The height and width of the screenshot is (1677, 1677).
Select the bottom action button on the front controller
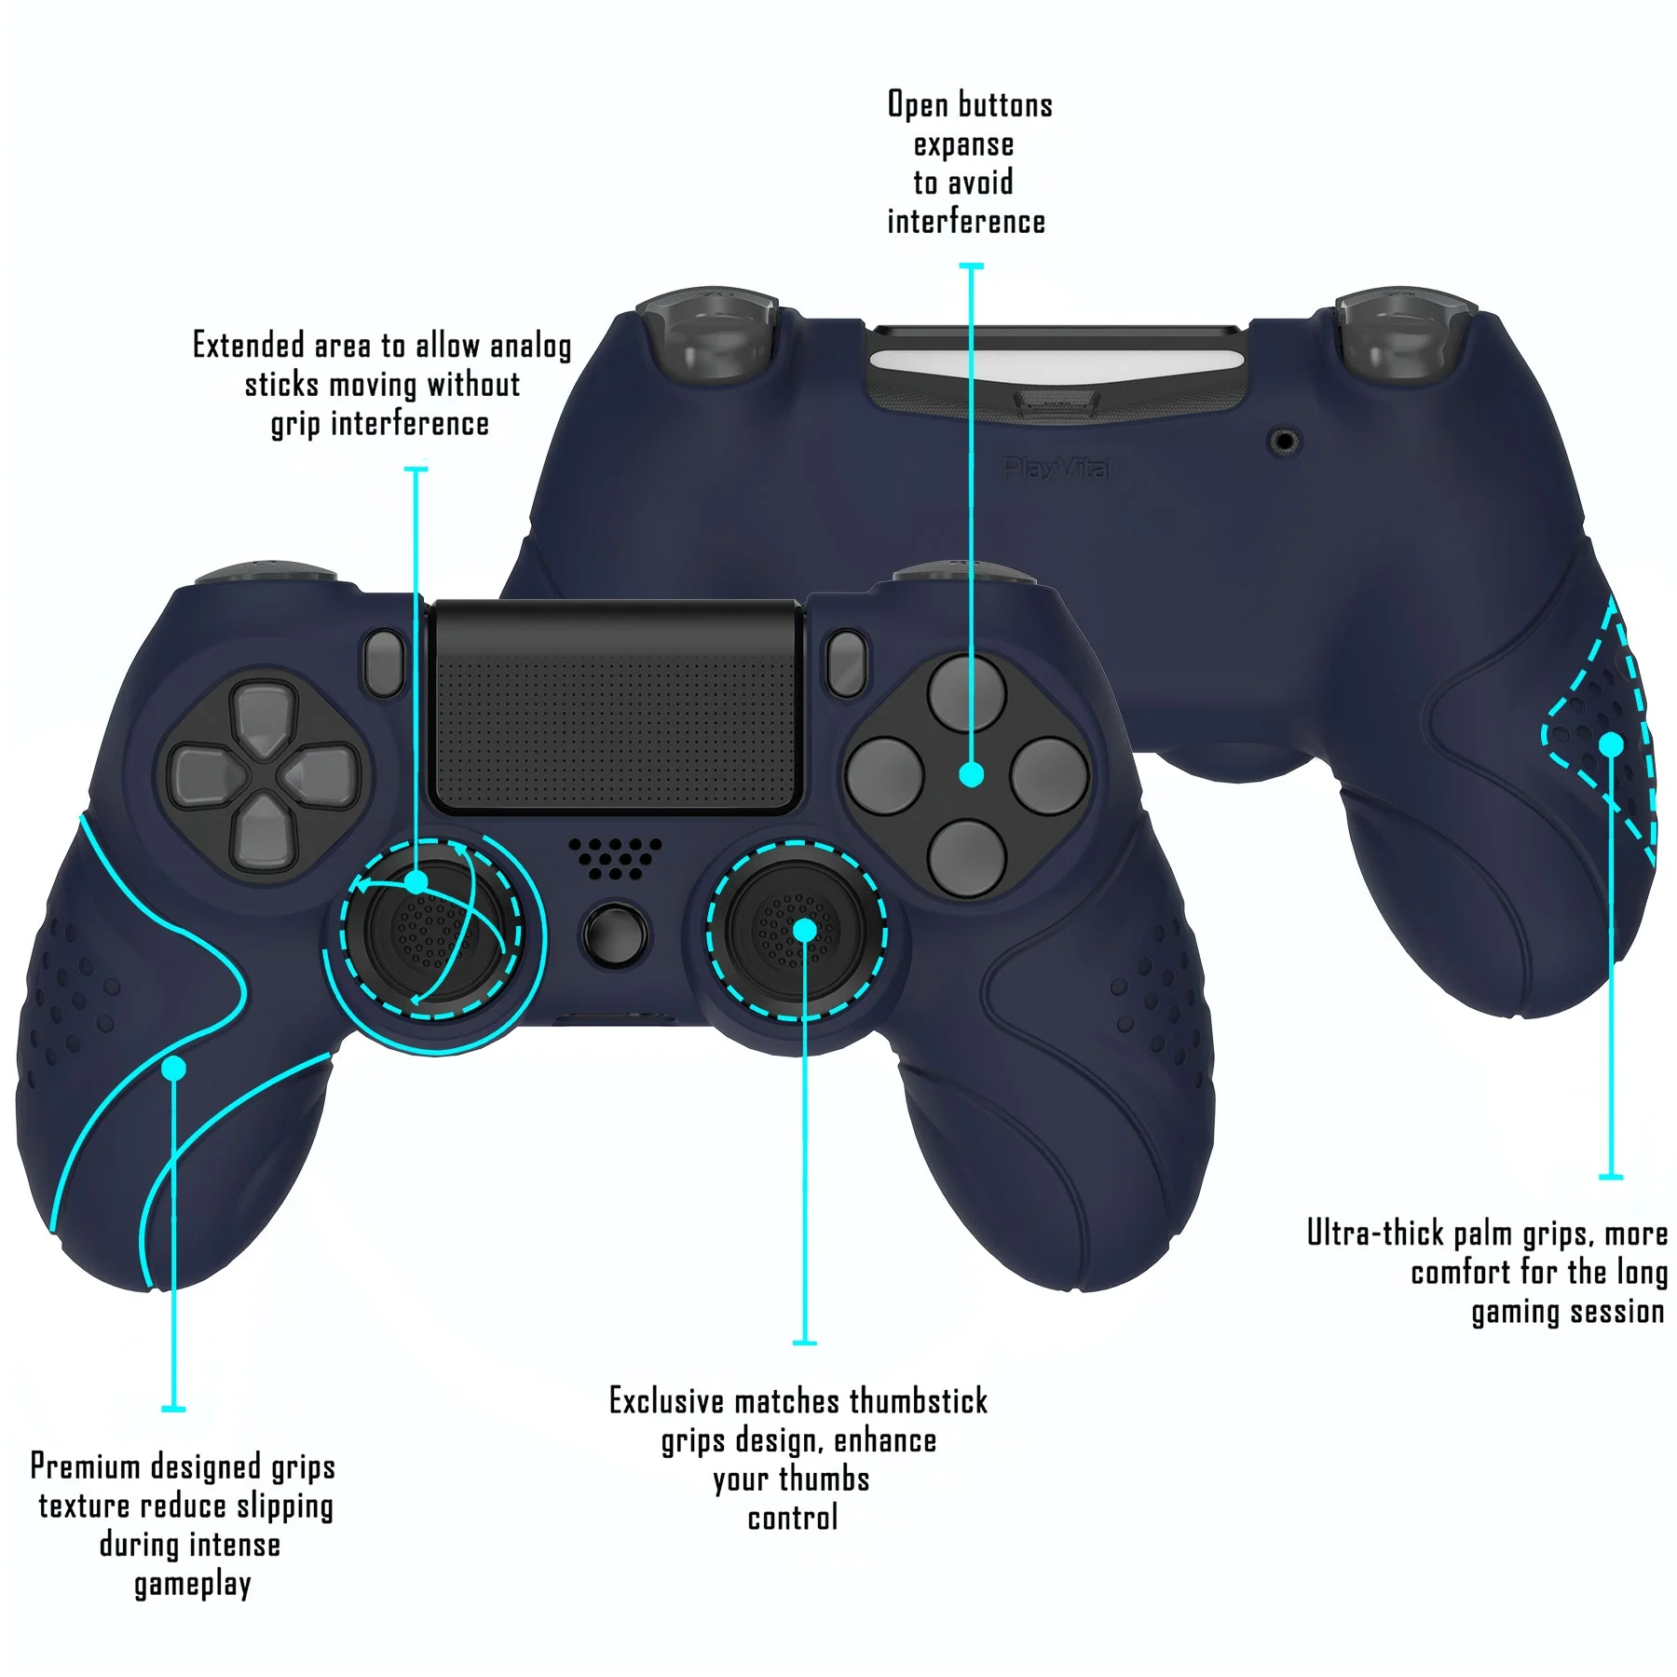[968, 858]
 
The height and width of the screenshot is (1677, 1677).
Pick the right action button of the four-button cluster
[1050, 776]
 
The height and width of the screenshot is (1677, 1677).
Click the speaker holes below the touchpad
[615, 857]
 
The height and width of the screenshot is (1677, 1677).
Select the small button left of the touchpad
[383, 663]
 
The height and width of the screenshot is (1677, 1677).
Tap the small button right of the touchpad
[846, 663]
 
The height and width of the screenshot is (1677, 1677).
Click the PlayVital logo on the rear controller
[1057, 468]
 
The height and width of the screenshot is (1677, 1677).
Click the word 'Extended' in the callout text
[248, 346]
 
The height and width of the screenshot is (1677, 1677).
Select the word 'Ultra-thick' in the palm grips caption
[1375, 1233]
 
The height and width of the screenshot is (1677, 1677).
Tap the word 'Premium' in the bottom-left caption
[86, 1466]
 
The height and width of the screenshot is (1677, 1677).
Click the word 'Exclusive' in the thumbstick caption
[666, 1401]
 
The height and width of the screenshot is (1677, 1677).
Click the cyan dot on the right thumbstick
[804, 930]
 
